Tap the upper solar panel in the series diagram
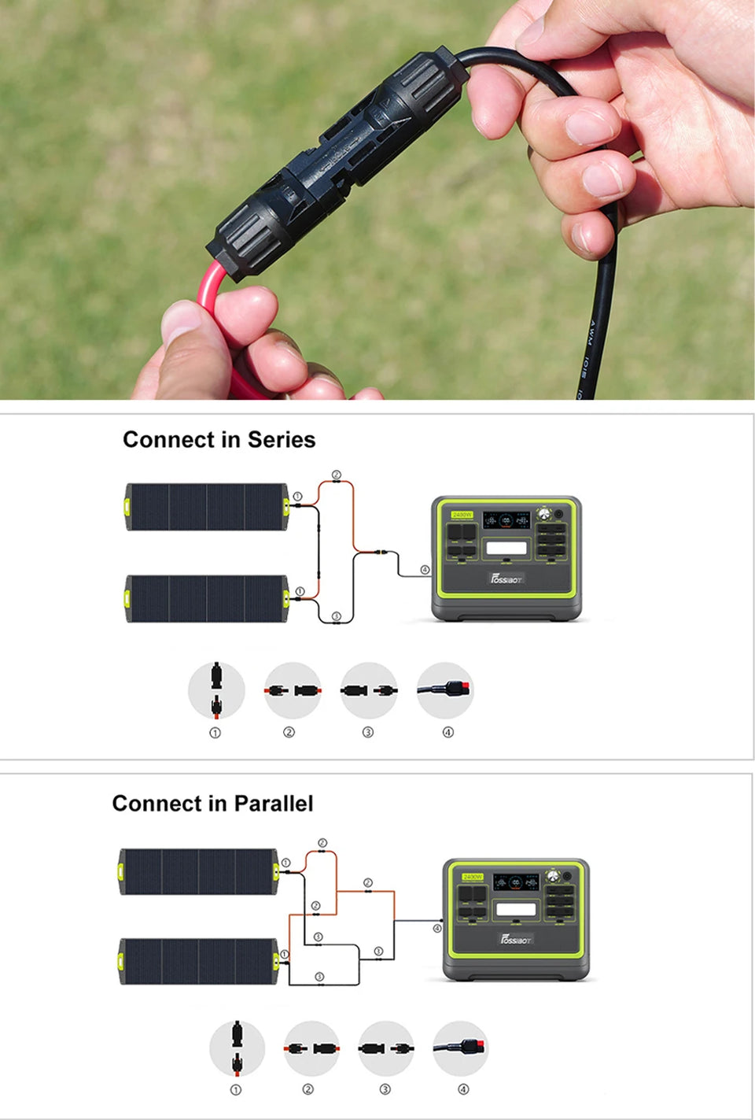coord(207,508)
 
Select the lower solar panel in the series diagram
coord(207,598)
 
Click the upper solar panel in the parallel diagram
coord(198,871)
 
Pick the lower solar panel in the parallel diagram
coord(198,961)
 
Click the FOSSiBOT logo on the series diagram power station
coord(507,578)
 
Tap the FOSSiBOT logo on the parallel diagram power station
coord(517,939)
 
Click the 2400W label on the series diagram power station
coord(462,515)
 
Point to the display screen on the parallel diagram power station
coord(516,910)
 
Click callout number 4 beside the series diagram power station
coord(425,569)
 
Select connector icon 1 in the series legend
coord(216,689)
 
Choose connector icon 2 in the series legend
coord(293,690)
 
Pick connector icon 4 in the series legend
coord(445,689)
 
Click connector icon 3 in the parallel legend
coord(385,1048)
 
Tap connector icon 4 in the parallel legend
coord(461,1048)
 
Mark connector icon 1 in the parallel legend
coord(237,1048)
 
